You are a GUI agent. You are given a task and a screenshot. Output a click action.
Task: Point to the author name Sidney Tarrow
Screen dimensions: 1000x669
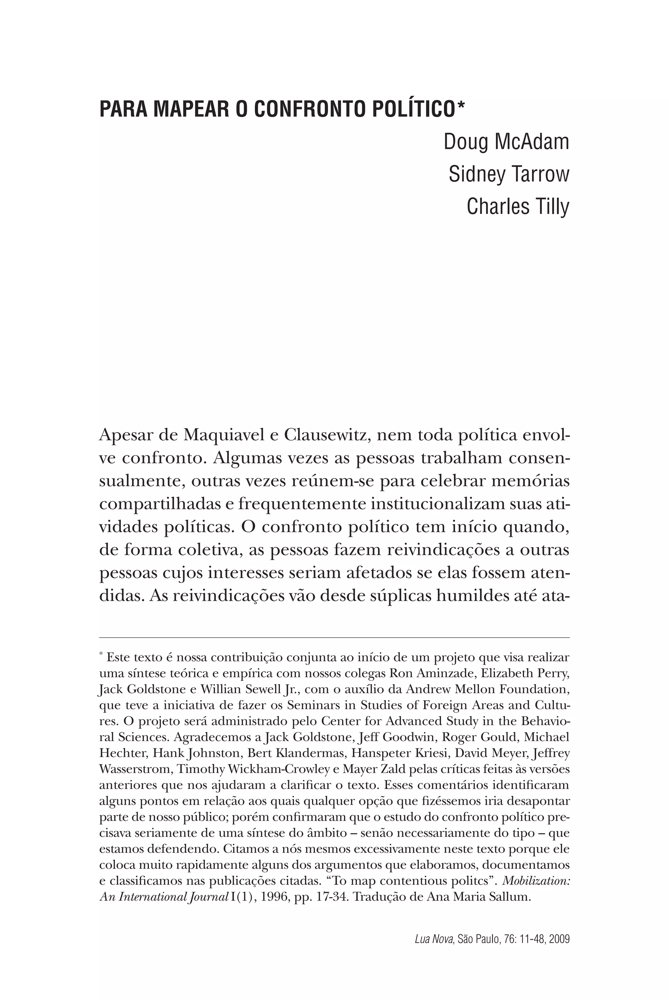509,174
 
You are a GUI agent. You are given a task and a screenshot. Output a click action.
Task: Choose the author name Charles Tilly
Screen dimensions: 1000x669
518,206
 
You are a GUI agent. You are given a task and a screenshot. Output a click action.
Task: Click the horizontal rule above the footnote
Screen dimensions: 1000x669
334,637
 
